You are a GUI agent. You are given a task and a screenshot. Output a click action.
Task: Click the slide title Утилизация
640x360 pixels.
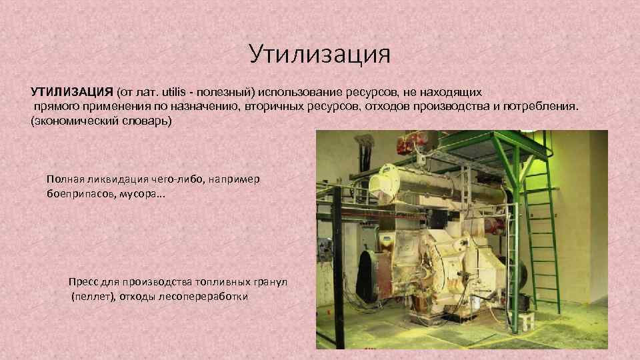tap(319, 53)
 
